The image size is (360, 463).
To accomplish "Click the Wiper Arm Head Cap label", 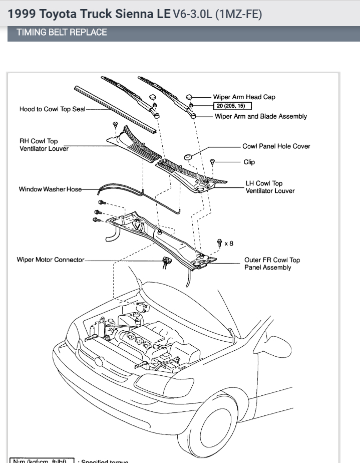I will pos(244,97).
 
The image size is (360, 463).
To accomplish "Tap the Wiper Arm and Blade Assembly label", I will pos(260,116).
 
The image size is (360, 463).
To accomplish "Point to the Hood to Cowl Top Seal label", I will pos(52,109).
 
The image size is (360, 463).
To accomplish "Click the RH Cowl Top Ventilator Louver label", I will pos(44,145).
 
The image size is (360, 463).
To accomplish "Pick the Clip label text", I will pos(249,162).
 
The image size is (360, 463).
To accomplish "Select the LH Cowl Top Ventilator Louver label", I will pos(270,187).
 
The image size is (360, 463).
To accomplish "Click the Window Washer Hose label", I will pos(50,189).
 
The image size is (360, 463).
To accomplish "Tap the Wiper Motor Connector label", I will pos(50,260).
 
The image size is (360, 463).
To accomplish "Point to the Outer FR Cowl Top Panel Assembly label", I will pos(272,264).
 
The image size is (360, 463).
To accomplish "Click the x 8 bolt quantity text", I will pos(229,244).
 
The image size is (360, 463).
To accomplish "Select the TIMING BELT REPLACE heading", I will pos(62,33).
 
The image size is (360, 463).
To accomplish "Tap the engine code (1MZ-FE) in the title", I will pos(238,14).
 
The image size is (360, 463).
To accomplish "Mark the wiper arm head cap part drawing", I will pos(190,96).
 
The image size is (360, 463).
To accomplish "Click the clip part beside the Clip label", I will pos(212,162).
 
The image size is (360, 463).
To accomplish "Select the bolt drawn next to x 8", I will pos(219,243).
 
